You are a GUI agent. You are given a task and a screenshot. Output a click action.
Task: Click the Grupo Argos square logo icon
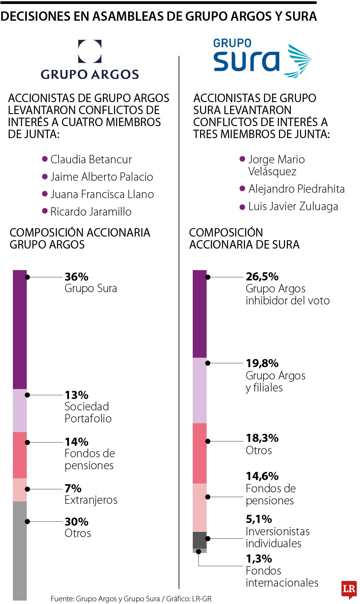pos(90,51)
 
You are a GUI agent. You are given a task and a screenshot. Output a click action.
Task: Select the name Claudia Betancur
pos(91,159)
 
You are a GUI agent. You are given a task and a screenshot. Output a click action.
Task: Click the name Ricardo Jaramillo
pos(91,212)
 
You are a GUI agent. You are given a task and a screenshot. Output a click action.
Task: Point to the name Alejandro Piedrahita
pos(296,189)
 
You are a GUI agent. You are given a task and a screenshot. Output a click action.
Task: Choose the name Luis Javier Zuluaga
pos(293,206)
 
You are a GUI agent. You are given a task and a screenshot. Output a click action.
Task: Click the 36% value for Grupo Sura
pos(76,276)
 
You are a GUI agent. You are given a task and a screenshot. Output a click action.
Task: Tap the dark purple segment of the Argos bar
pos(20,330)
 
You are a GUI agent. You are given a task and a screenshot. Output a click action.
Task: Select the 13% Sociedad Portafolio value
pos(76,395)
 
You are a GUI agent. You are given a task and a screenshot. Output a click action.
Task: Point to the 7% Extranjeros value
pos(73,488)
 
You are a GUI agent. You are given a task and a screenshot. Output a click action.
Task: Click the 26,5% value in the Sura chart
pos(262,276)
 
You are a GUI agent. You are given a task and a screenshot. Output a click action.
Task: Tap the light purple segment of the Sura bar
pos(199,390)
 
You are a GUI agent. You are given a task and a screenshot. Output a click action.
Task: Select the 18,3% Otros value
pos(262,438)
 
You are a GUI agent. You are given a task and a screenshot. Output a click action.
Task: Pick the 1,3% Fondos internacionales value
pos(259,559)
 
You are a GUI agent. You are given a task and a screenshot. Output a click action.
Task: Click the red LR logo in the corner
pos(349,589)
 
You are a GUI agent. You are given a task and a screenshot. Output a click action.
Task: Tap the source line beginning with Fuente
pos(131,599)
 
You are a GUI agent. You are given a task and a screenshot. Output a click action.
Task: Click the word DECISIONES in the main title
pos(35,16)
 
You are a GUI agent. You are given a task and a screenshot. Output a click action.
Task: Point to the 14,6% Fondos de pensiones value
pos(262,476)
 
